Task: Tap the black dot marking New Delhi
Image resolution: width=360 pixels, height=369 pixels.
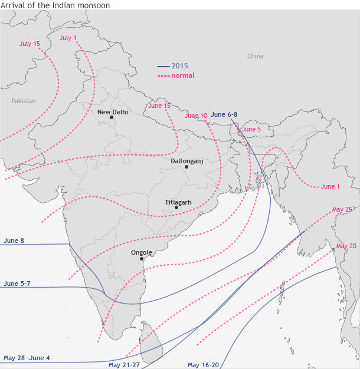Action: pos(111,117)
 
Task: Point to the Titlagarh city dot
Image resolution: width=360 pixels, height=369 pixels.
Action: pos(176,207)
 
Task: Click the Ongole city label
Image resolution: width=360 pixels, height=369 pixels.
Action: pos(142,252)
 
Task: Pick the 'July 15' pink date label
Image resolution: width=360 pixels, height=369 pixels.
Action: pos(30,44)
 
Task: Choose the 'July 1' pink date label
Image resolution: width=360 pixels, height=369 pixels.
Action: pos(68,38)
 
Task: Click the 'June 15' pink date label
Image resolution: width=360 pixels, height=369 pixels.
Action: pos(159,106)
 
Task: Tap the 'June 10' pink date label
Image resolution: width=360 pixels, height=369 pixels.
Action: pos(196,116)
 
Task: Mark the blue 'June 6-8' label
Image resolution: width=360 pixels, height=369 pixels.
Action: pos(224,114)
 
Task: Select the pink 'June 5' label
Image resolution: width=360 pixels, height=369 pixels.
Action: pos(251,129)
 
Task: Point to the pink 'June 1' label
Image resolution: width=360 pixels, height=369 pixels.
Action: pos(330,186)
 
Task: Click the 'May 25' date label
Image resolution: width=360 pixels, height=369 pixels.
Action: pos(342,209)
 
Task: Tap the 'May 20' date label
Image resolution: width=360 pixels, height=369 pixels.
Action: pos(346,246)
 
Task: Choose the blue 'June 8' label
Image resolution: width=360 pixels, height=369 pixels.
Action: pos(14,240)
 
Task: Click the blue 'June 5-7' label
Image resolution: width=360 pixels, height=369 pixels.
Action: pos(17,284)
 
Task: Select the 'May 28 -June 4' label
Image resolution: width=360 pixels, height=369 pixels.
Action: pos(27,358)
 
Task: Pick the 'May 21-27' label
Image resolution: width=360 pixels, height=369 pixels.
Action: pos(124,365)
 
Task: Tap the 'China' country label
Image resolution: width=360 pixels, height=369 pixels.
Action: pos(256,56)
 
